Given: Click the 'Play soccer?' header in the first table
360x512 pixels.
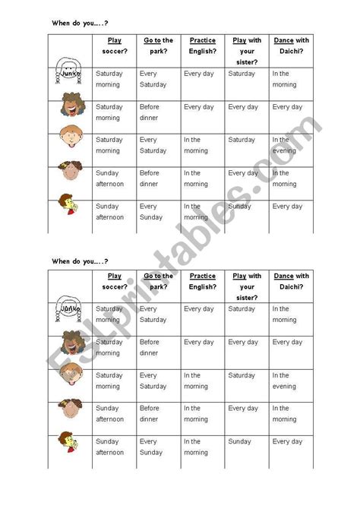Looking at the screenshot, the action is pyautogui.click(x=114, y=46).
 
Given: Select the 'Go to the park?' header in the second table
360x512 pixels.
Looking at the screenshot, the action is pyautogui.click(x=158, y=281).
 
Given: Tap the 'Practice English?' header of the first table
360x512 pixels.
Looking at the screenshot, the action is pyautogui.click(x=202, y=46).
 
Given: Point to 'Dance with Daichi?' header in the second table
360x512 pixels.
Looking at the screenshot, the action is pyautogui.click(x=292, y=281).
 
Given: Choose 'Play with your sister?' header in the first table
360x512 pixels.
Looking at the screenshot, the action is pyautogui.click(x=246, y=51).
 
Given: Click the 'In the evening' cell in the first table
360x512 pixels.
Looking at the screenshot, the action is pyautogui.click(x=282, y=145).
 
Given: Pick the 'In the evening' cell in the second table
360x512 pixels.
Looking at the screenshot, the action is pyautogui.click(x=282, y=381).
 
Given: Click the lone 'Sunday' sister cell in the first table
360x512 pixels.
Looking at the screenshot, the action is pyautogui.click(x=239, y=207).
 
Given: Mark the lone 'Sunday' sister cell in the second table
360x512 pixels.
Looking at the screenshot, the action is pyautogui.click(x=239, y=441).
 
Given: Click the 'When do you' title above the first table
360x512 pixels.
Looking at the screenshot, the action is pyautogui.click(x=75, y=24).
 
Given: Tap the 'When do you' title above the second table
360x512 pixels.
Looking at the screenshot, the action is pyautogui.click(x=75, y=261).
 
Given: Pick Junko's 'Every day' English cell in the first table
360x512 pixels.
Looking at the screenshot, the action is pyautogui.click(x=198, y=74).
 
